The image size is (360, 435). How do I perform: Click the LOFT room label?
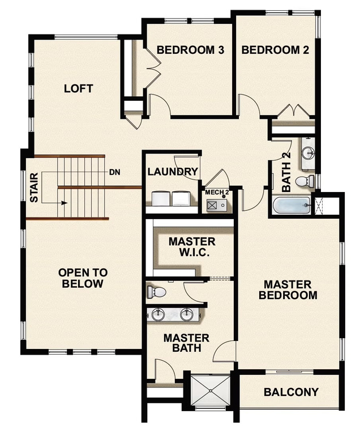click(x=78, y=89)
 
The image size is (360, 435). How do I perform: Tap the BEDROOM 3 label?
click(x=190, y=50)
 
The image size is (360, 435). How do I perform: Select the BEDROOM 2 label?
click(x=275, y=50)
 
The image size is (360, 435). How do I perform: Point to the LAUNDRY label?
click(x=173, y=172)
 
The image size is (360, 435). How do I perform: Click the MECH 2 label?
click(x=217, y=193)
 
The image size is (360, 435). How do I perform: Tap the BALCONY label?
click(x=291, y=392)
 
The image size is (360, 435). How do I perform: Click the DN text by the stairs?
click(x=114, y=172)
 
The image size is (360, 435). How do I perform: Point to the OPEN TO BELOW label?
click(x=83, y=278)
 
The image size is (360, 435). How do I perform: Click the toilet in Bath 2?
click(x=305, y=181)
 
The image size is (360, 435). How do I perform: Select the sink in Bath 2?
click(x=307, y=153)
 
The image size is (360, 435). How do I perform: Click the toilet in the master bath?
click(x=156, y=292)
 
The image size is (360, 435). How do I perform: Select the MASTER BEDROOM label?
click(x=287, y=289)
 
